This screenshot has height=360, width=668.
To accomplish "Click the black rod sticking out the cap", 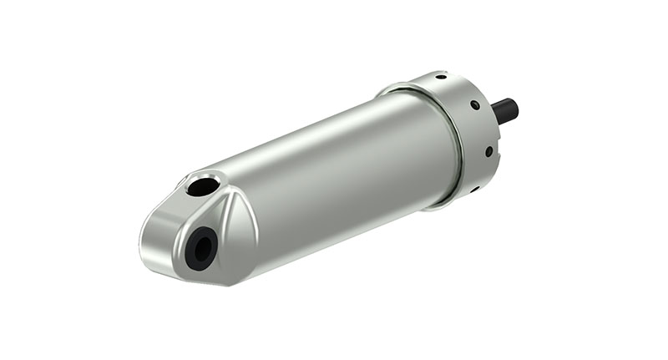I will [504, 109].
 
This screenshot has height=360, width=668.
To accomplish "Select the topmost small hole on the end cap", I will [441, 77].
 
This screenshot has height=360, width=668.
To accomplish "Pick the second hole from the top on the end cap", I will [474, 105].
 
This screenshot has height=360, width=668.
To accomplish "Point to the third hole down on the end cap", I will [488, 151].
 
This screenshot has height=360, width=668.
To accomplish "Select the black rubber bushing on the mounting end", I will [200, 247].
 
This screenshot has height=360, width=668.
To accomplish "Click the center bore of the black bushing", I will [200, 247].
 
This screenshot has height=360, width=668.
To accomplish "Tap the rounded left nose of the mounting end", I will [150, 242].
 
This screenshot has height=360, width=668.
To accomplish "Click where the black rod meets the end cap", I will [494, 113].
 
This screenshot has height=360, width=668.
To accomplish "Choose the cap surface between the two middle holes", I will [483, 128].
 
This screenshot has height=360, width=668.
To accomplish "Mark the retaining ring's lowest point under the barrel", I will [434, 207].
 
